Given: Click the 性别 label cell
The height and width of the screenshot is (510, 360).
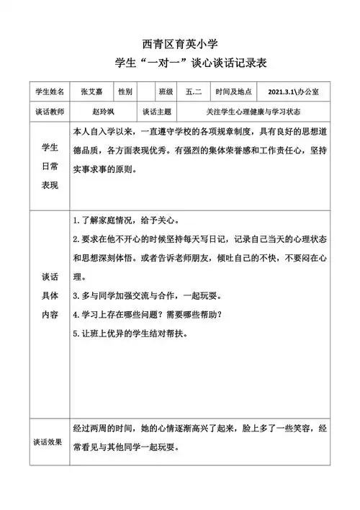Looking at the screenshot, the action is click(125, 92).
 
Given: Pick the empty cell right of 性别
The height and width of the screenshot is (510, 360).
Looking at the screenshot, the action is click(147, 92).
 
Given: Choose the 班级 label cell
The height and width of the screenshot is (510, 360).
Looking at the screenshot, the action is click(166, 92).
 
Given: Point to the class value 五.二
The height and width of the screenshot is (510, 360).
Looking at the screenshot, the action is click(194, 92).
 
